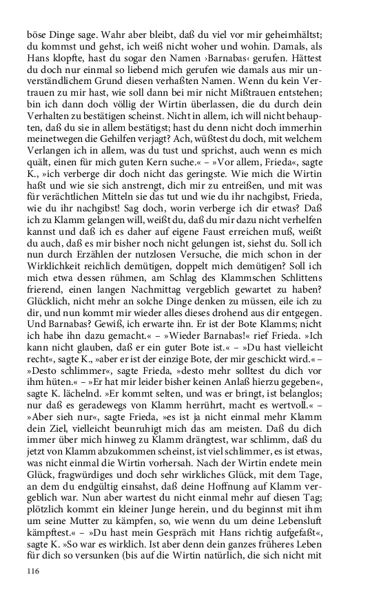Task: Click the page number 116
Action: (x=34, y=571)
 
